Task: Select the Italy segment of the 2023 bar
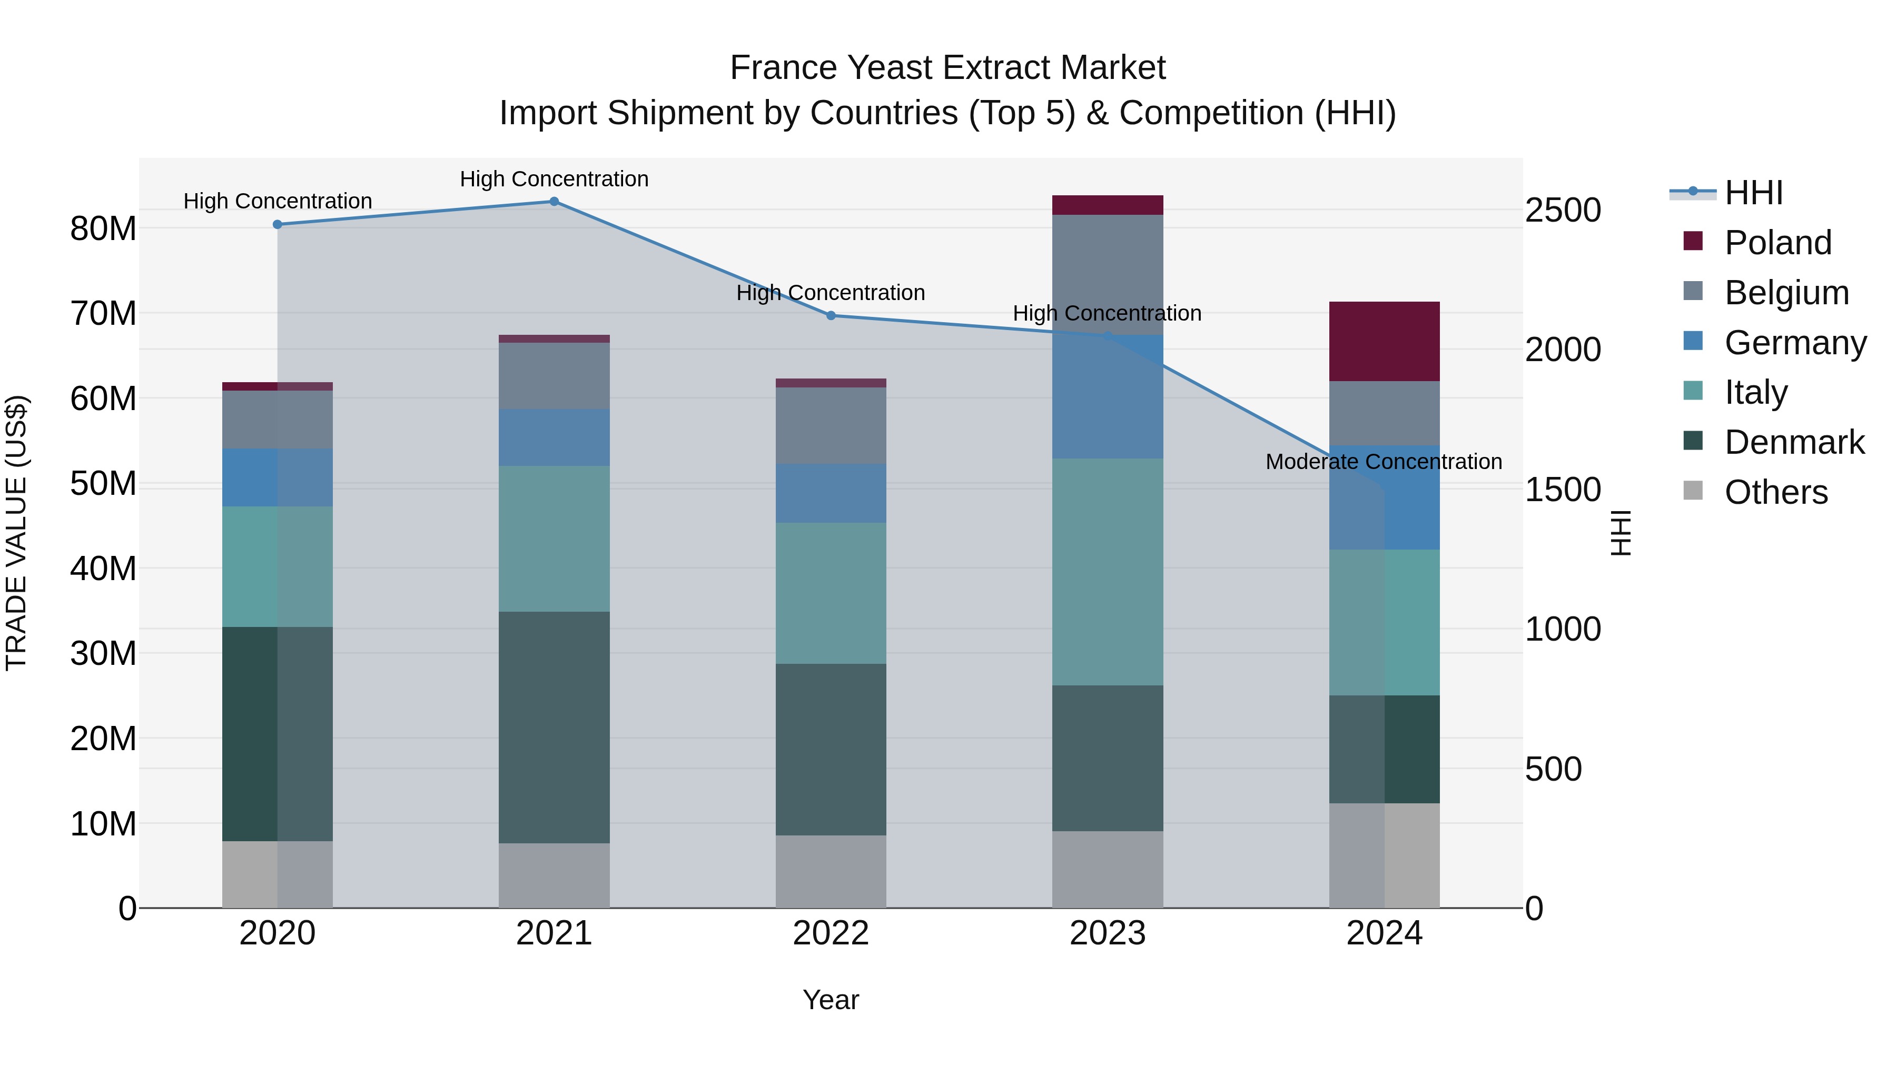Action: click(x=1107, y=572)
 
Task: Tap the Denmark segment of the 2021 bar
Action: click(x=554, y=727)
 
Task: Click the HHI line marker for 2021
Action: click(x=554, y=202)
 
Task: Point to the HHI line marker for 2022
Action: click(x=831, y=316)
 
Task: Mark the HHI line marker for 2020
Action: click(x=278, y=224)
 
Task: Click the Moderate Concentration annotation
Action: click(x=1383, y=462)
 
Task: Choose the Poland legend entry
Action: click(x=1777, y=243)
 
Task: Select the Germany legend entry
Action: click(x=1794, y=343)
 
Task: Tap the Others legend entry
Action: click(x=1775, y=492)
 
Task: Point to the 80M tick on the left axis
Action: click(x=103, y=229)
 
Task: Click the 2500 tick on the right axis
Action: click(x=1563, y=211)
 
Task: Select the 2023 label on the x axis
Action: click(x=1107, y=933)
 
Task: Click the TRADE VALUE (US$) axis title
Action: click(x=17, y=533)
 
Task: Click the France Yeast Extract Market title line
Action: click(x=947, y=68)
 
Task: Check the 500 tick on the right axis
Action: click(x=1553, y=770)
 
